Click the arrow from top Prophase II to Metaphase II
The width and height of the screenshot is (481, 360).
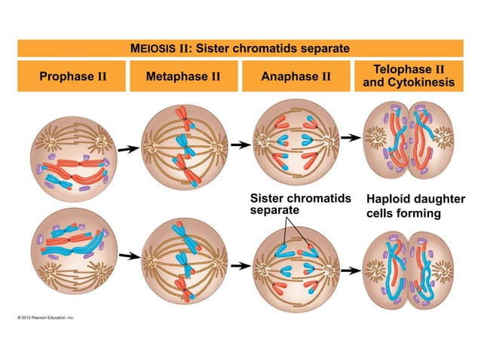tap(128, 149)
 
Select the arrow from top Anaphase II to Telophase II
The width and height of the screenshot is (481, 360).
tap(349, 138)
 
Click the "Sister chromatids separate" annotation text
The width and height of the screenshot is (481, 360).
tap(300, 204)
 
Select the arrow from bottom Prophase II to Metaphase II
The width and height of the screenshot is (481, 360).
tap(128, 256)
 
